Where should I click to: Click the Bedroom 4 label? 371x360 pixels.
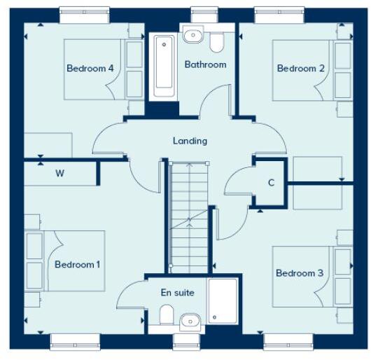pyautogui.click(x=90, y=68)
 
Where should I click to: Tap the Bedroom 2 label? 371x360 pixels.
pyautogui.click(x=301, y=68)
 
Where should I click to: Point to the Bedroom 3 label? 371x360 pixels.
pyautogui.click(x=300, y=272)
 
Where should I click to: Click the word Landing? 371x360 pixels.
pyautogui.click(x=190, y=141)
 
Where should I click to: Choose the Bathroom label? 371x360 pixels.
pyautogui.click(x=205, y=64)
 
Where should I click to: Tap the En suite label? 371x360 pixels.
pyautogui.click(x=178, y=292)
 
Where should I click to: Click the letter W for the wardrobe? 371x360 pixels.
pyautogui.click(x=59, y=174)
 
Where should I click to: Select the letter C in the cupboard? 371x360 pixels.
pyautogui.click(x=271, y=183)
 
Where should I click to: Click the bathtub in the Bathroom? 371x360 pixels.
pyautogui.click(x=164, y=67)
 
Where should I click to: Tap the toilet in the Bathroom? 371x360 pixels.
pyautogui.click(x=217, y=42)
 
